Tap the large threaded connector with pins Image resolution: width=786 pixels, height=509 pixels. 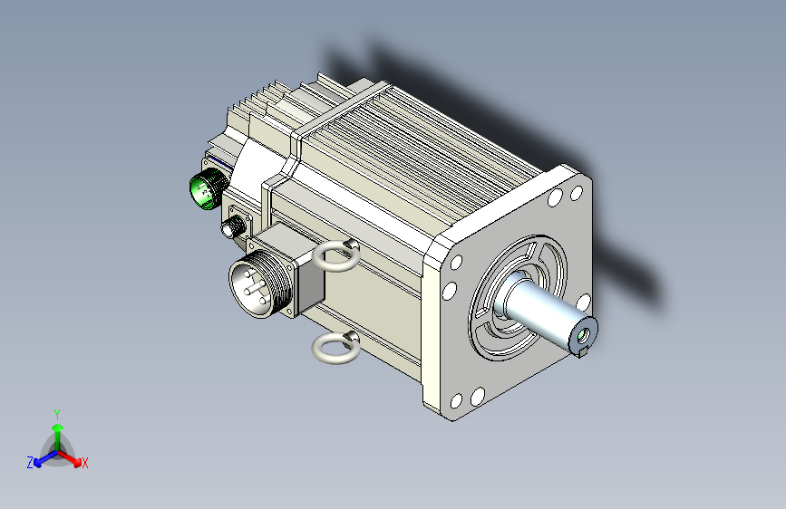point(258,283)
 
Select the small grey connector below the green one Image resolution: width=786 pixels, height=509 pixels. point(232,226)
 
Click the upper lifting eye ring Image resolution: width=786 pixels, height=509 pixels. point(335,255)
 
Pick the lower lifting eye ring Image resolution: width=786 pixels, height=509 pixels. point(335,347)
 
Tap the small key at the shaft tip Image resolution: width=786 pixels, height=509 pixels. point(582,352)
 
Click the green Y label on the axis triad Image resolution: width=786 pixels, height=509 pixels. point(57,415)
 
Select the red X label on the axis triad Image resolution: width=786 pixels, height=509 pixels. point(84,463)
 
